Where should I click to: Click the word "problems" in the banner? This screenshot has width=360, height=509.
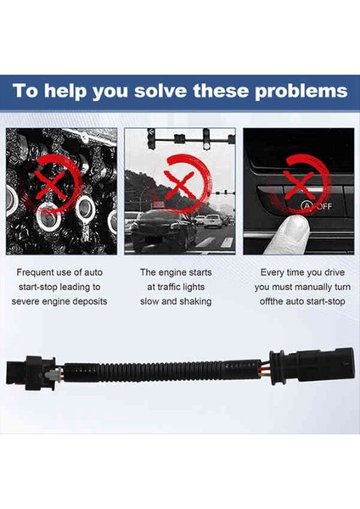[x=301, y=92]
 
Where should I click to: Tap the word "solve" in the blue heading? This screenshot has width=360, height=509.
[x=160, y=91]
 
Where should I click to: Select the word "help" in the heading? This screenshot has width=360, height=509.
[x=65, y=91]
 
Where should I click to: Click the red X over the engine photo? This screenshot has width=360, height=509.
[x=50, y=185]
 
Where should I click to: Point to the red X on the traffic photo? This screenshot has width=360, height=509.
[x=180, y=185]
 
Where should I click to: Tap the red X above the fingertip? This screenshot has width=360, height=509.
[x=298, y=186]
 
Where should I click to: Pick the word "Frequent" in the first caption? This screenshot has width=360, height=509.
[x=36, y=272]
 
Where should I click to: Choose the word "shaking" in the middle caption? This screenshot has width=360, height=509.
[x=195, y=301]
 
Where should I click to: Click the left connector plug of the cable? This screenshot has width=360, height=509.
[x=31, y=372]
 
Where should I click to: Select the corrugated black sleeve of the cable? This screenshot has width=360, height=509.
[x=162, y=371]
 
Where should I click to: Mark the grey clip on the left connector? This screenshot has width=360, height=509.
[x=53, y=374]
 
